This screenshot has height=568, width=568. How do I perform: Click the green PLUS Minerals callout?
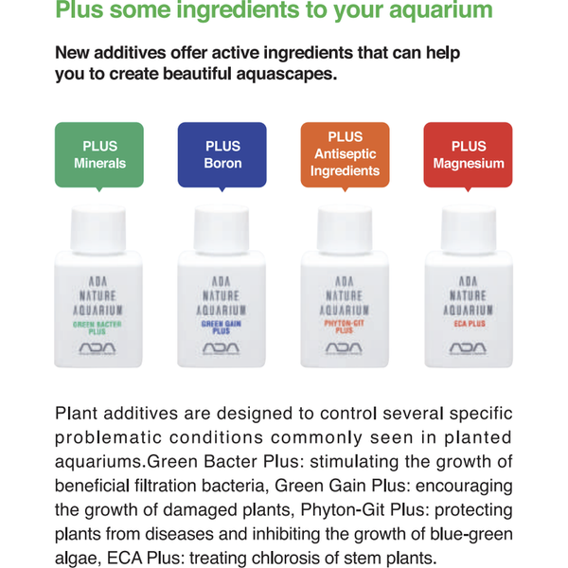coord(99,154)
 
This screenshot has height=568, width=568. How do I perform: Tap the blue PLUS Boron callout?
coord(222,154)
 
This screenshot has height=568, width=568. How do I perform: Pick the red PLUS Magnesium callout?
coord(469,154)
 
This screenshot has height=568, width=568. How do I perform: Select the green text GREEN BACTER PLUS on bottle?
coord(99,328)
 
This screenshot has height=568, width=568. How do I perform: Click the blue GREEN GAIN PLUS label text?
coord(222,328)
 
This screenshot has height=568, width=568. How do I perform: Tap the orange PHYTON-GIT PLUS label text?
coord(345,328)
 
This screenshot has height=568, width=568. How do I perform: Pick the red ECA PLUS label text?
coord(468,324)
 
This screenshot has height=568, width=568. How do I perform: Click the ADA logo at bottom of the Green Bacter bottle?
coord(99,349)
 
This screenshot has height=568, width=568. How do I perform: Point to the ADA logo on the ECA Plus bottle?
coord(468,349)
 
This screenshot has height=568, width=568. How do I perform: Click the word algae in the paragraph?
coord(80,558)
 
